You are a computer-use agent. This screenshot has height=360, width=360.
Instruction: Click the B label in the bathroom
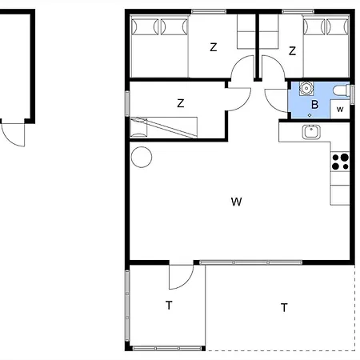315,104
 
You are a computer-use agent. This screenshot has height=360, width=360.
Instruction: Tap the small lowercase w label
340,108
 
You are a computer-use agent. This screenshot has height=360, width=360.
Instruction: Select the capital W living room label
236,202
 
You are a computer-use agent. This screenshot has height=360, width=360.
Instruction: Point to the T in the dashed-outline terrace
284,306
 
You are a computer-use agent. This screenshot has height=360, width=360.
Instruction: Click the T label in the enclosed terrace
169,305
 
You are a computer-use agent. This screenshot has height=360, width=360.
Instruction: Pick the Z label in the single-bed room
181,102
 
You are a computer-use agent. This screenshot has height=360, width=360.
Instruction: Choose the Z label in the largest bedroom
214,48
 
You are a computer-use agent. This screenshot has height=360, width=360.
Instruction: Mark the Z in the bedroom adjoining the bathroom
293,51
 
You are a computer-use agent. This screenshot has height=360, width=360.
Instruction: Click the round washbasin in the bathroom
305,88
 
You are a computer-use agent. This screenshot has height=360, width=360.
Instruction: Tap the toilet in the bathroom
342,89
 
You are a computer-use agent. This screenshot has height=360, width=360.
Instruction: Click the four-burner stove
341,161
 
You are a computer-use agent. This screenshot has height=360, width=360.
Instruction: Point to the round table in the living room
142,158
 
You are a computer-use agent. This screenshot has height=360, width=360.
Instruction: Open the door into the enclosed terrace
181,277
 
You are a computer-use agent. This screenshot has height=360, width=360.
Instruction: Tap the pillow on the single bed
139,126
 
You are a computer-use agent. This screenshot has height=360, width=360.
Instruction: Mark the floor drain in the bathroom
310,114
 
